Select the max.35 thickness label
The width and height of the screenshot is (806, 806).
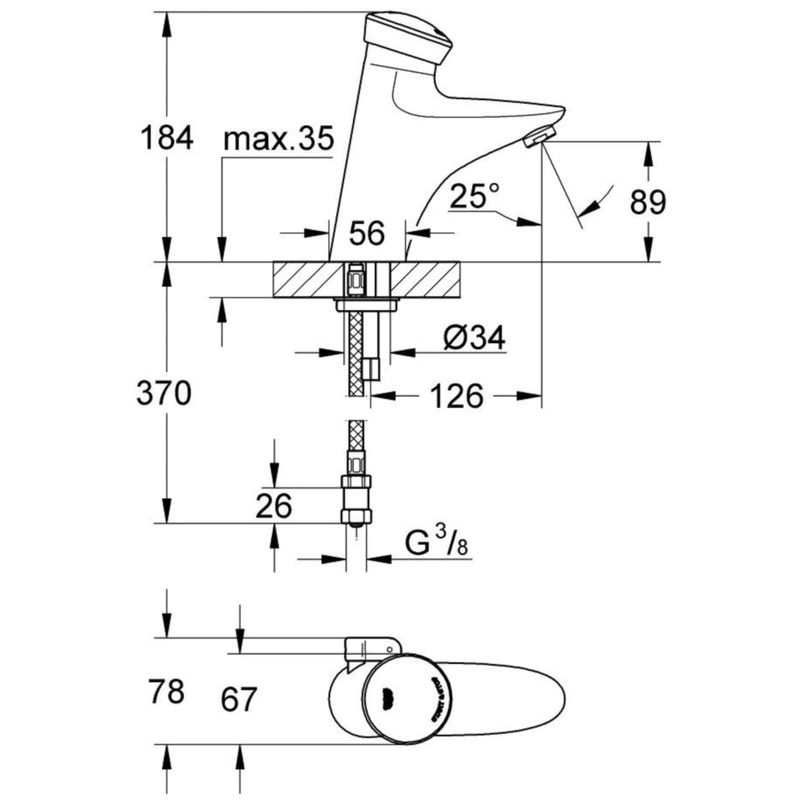click(278, 139)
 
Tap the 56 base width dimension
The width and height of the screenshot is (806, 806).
click(368, 234)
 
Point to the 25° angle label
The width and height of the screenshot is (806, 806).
click(476, 195)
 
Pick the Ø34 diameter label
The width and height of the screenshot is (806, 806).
click(475, 339)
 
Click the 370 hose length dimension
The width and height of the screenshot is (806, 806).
click(166, 394)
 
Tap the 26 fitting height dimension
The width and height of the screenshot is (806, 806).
click(274, 507)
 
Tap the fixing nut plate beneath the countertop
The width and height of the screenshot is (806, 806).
click(367, 304)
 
